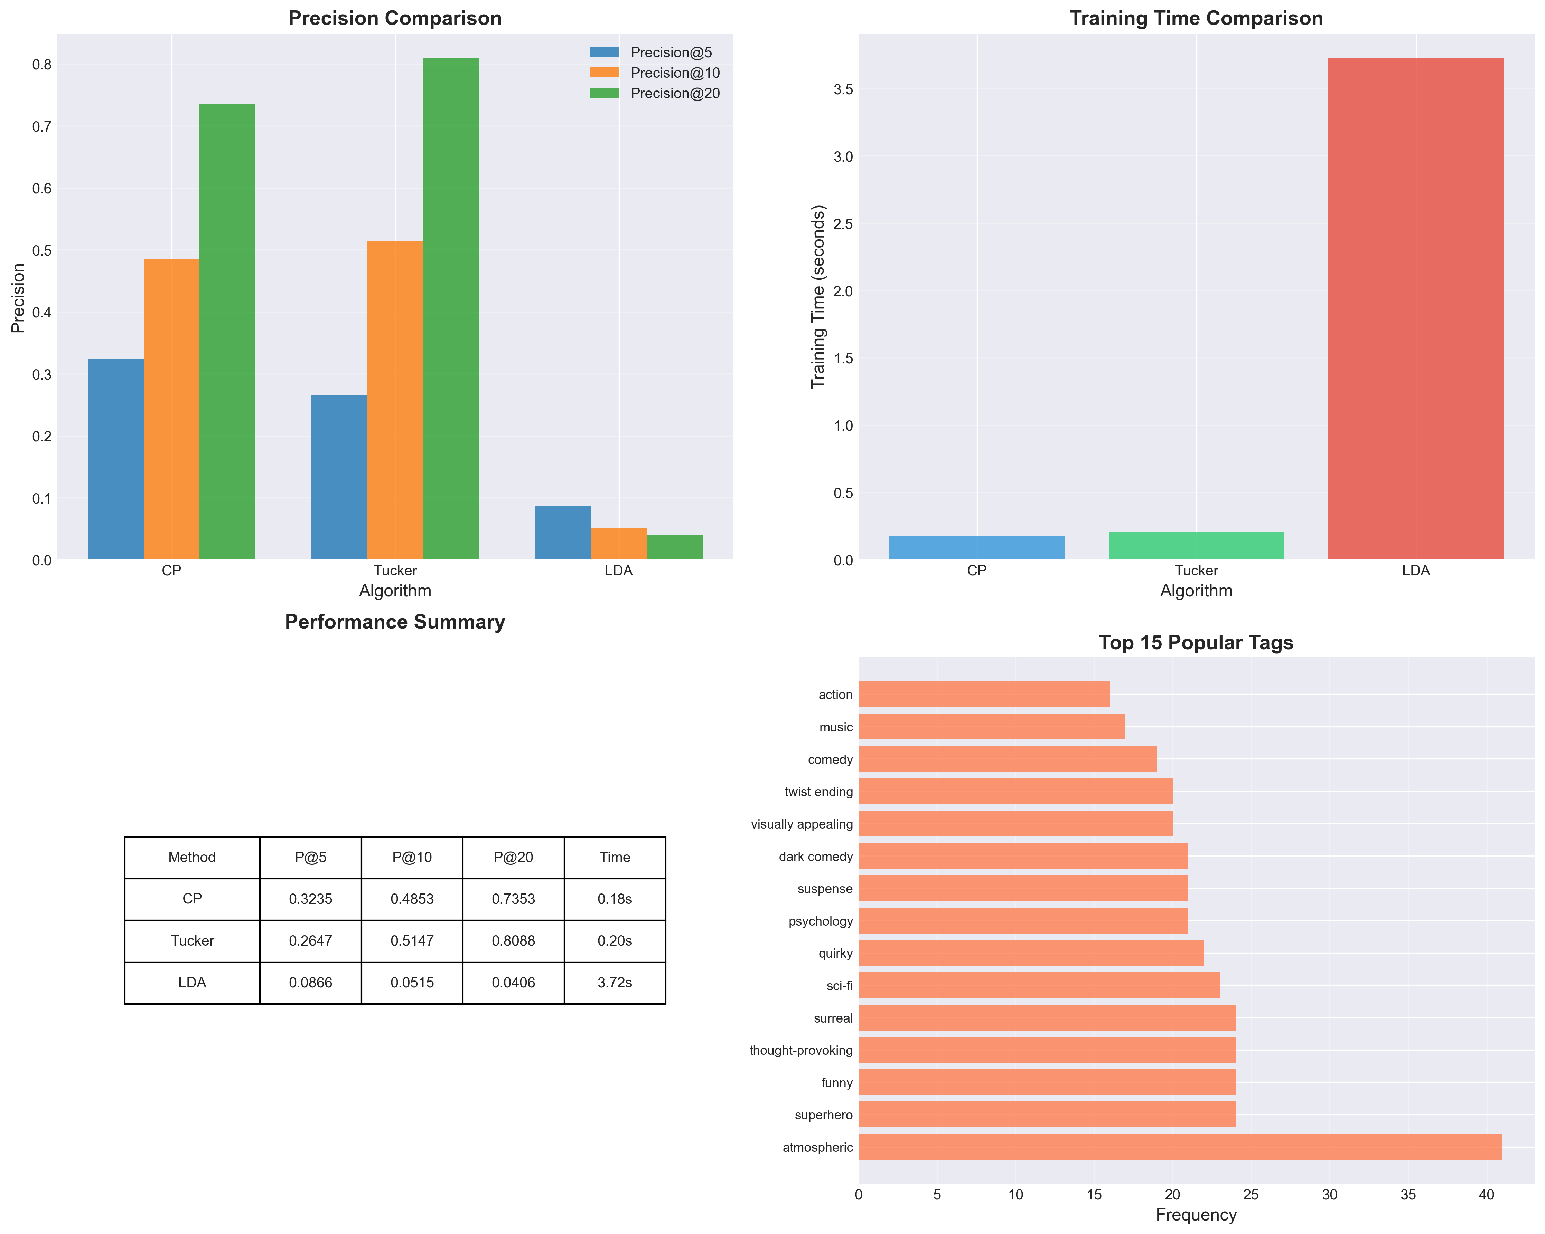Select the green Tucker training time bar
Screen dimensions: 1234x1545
point(1196,546)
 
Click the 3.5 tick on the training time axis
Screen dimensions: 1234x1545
point(843,89)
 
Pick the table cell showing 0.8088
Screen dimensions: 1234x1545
point(513,940)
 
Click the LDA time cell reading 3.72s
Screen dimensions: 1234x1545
point(614,983)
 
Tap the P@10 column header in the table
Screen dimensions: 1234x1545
point(412,857)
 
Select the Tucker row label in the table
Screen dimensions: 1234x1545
point(192,940)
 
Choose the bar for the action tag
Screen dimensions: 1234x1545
point(983,694)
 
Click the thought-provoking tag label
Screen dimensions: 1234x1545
point(800,1050)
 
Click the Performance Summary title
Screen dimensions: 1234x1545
point(395,622)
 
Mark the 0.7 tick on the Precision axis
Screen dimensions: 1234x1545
point(41,127)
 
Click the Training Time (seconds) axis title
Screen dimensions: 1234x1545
point(818,297)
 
